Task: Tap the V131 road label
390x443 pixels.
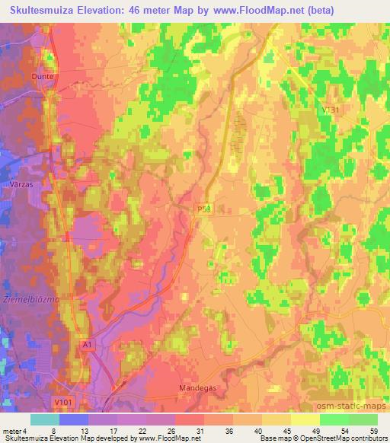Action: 330,110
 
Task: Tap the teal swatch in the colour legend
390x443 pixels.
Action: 44,419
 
